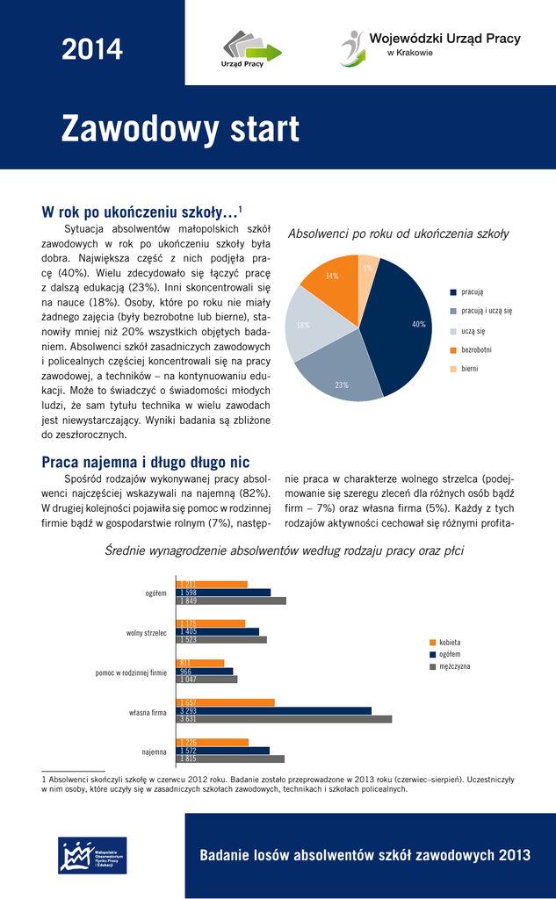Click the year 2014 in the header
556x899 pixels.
pos(92,50)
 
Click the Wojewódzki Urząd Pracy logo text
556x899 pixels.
pos(444,39)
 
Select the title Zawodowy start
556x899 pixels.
pos(180,130)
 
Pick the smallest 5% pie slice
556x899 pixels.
pos(367,266)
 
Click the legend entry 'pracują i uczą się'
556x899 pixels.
pos(486,312)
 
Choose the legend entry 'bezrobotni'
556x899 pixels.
pos(476,349)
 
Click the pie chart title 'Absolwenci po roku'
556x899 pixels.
pos(399,234)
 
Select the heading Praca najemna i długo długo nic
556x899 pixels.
pos(146,462)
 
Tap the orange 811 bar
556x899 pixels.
pos(200,663)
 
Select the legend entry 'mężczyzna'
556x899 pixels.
pos(454,667)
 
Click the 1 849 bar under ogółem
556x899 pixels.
pos(231,601)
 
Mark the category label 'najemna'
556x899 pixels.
pos(154,752)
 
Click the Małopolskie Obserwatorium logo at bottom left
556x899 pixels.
pos(92,855)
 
